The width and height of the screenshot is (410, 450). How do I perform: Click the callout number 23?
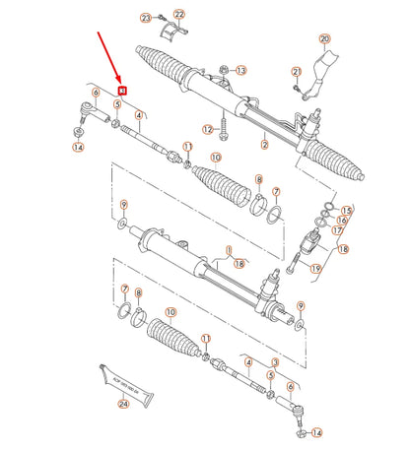[x=145, y=18]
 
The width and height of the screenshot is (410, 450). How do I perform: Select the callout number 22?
[x=178, y=13]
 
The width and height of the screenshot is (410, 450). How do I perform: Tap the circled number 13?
[x=241, y=71]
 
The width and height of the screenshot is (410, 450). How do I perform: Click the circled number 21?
[x=296, y=72]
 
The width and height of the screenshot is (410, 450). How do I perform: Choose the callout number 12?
[x=208, y=129]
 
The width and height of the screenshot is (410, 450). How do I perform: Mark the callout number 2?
[x=264, y=145]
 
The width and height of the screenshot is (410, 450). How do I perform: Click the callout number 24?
[x=124, y=403]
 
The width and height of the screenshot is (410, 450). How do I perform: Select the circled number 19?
[x=315, y=268]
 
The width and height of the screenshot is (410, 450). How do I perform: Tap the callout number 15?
[x=346, y=211]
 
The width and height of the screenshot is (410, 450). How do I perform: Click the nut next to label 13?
[x=225, y=71]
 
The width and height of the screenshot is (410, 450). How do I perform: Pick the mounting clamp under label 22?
[x=177, y=35]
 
